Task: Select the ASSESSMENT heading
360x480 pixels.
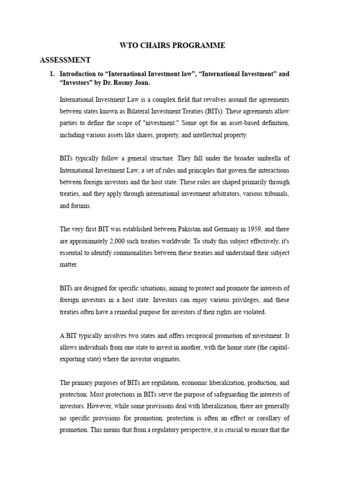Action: pos(65,60)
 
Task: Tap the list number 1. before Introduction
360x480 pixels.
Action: pos(52,74)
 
